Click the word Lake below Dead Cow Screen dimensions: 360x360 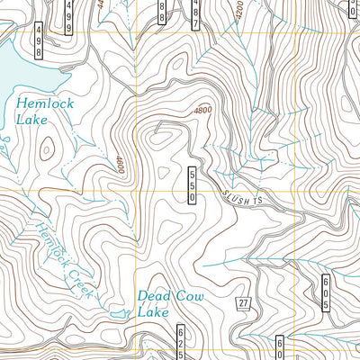coord(153,312)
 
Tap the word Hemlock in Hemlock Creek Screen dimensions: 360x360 coord(50,235)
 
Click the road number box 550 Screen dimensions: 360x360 coord(191,184)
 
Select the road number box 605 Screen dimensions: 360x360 coord(325,294)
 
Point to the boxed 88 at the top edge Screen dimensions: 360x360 coord(162,10)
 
